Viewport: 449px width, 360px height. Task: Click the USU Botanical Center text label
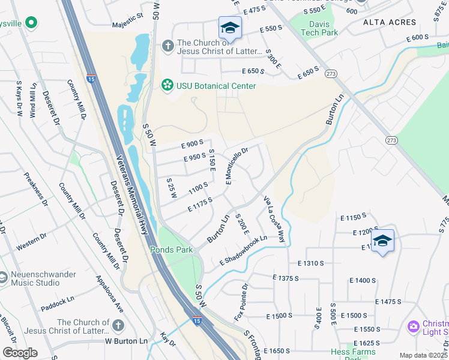tap(216, 86)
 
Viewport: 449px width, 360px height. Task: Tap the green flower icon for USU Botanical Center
tap(167, 86)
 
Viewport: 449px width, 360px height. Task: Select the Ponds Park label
tap(170, 249)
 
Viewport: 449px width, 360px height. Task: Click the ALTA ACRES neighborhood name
tap(390, 22)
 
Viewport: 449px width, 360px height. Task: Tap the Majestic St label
tap(128, 26)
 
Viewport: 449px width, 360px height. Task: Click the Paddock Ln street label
tap(58, 302)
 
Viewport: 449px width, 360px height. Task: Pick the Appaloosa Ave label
tap(110, 295)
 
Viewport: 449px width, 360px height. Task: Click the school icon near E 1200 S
tap(382, 241)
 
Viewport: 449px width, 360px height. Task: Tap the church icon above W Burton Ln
tap(118, 326)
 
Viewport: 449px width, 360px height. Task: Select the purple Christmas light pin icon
tap(413, 326)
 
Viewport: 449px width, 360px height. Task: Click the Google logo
tap(20, 353)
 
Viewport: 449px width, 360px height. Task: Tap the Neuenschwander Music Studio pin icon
tap(4, 278)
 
